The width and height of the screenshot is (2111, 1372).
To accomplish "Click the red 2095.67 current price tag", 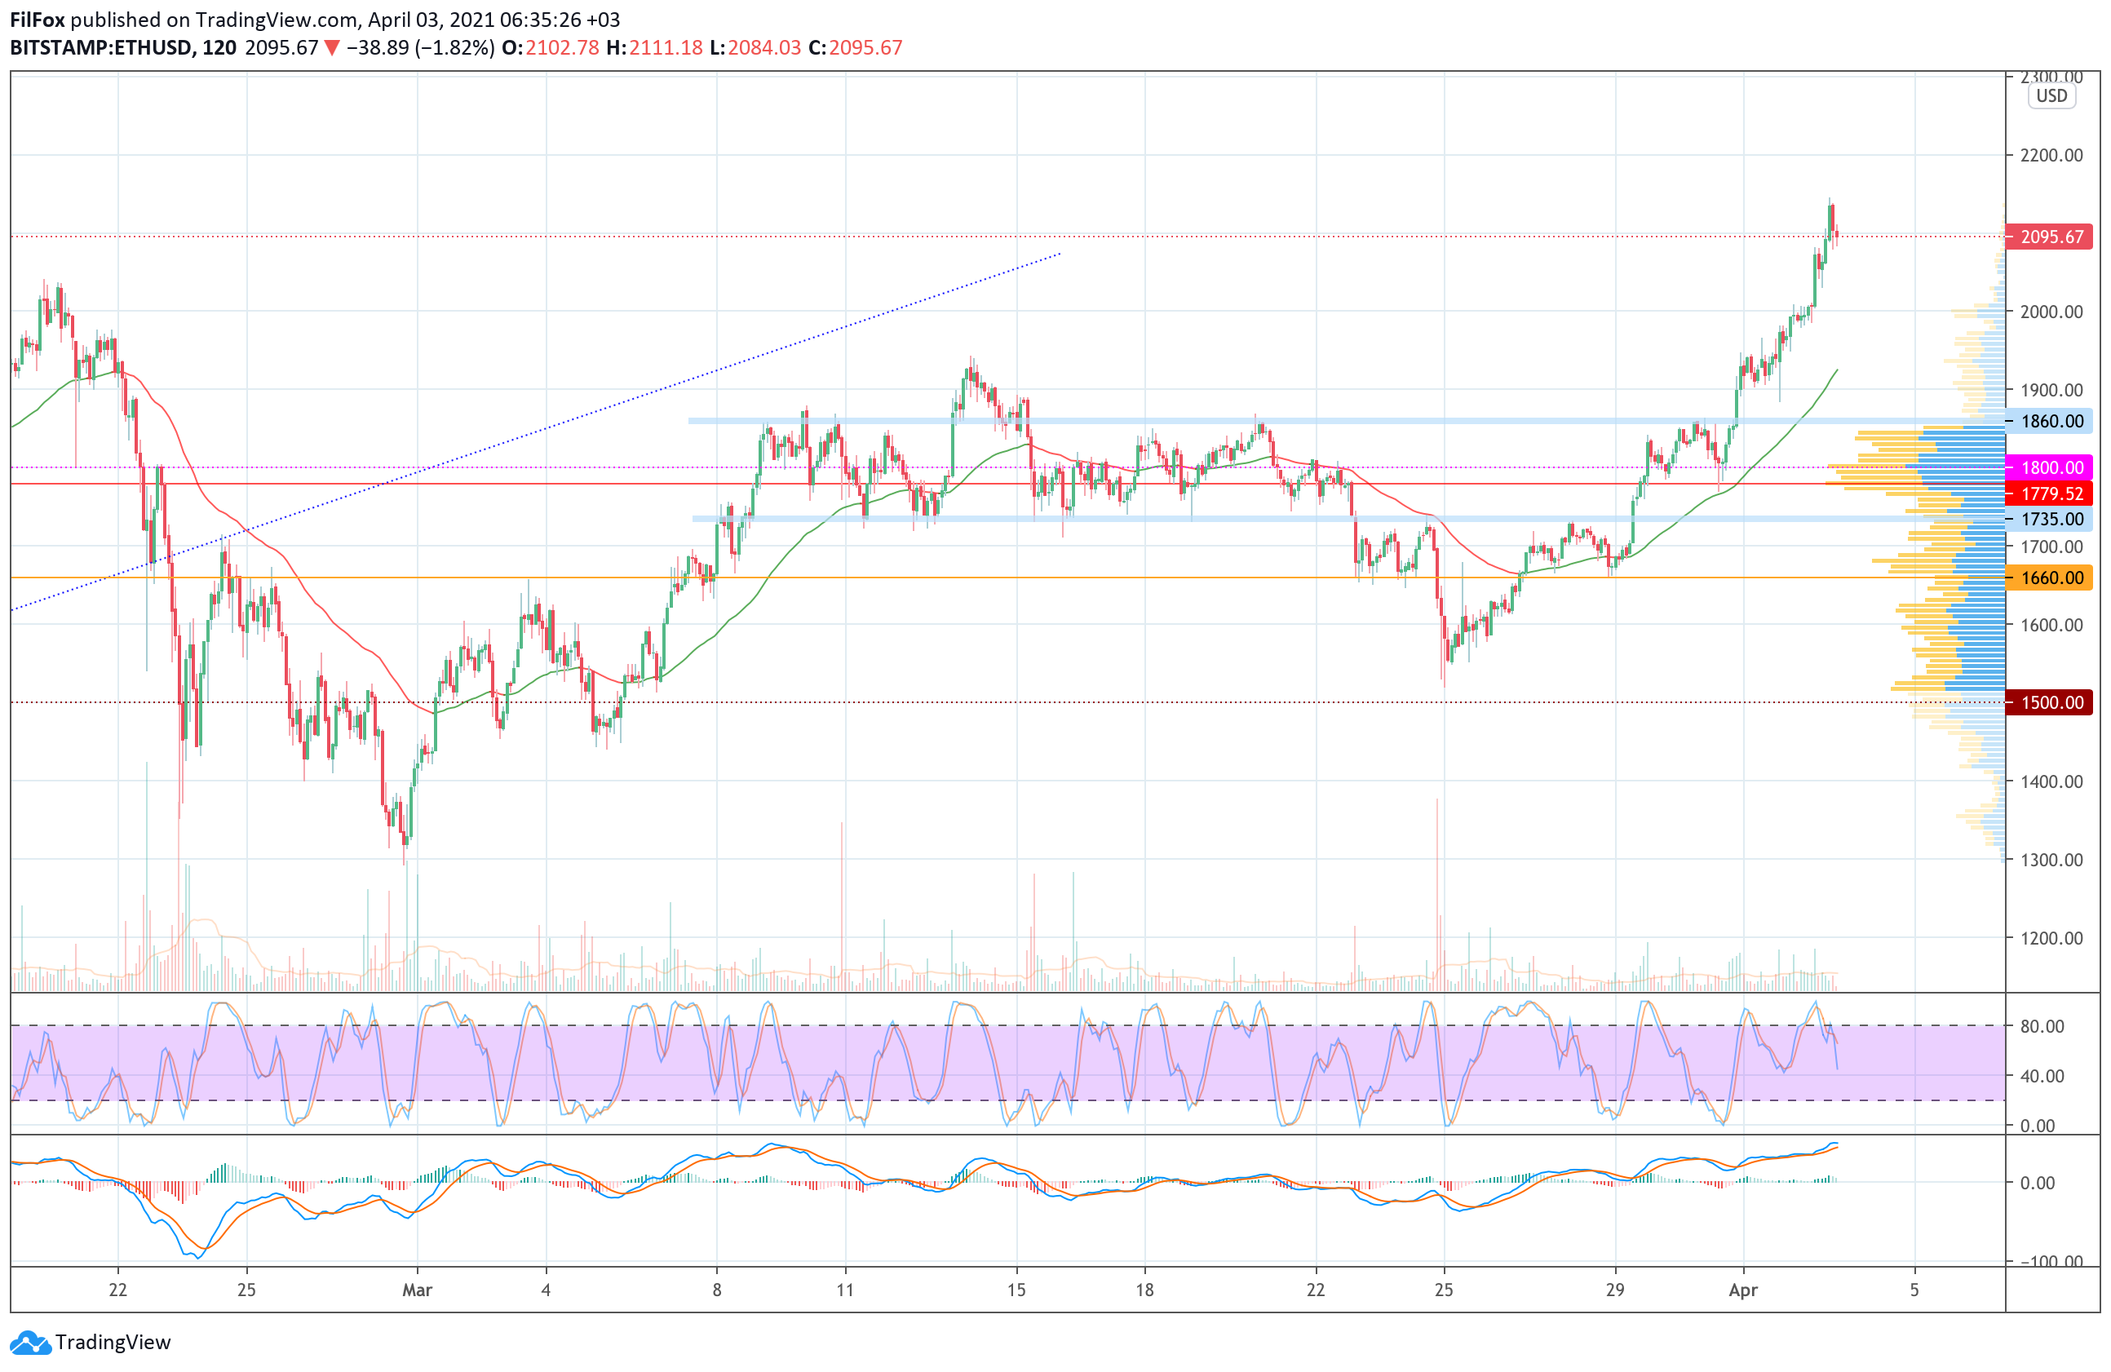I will [x=2051, y=237].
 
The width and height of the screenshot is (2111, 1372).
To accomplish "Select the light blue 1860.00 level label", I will [x=2051, y=421].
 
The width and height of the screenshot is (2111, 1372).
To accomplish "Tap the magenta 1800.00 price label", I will [x=2051, y=467].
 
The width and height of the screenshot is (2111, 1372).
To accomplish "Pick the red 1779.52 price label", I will [x=2051, y=493].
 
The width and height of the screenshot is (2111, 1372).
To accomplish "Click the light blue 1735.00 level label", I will [x=2051, y=519].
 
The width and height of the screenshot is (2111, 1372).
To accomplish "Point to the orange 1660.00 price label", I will [x=2051, y=578].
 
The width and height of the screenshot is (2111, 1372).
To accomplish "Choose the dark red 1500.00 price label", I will [x=2051, y=702].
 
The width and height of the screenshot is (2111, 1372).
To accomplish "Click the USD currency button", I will [x=2051, y=95].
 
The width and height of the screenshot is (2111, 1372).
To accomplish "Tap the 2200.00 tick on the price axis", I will [x=2051, y=155].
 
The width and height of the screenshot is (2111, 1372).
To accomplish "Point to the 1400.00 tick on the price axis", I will [x=2051, y=781].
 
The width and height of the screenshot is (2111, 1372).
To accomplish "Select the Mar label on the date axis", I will [x=417, y=1290].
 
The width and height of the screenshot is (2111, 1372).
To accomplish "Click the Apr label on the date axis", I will [x=1743, y=1290].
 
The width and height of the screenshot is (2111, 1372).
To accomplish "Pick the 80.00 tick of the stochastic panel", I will [x=2042, y=1026].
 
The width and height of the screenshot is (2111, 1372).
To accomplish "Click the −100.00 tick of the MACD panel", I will [x=2051, y=1261].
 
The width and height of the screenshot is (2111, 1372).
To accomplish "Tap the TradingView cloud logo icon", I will [x=31, y=1343].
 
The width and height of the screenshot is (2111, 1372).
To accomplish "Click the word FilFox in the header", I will [x=38, y=20].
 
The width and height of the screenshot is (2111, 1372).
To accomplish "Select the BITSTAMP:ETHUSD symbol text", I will [x=101, y=48].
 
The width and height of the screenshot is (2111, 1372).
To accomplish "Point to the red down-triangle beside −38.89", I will [x=332, y=48].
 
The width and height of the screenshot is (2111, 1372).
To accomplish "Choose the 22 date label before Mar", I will [x=118, y=1290].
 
